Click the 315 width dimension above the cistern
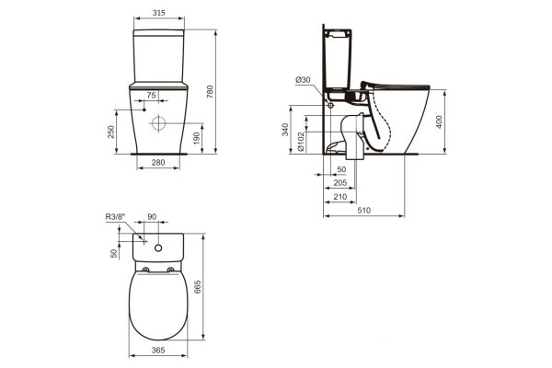(161, 16)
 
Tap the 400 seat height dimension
(440, 121)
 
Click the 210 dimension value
(340, 197)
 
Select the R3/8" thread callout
(114, 217)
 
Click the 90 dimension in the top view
(152, 218)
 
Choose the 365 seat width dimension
(159, 352)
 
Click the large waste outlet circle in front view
(158, 123)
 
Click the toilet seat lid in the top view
(159, 304)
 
